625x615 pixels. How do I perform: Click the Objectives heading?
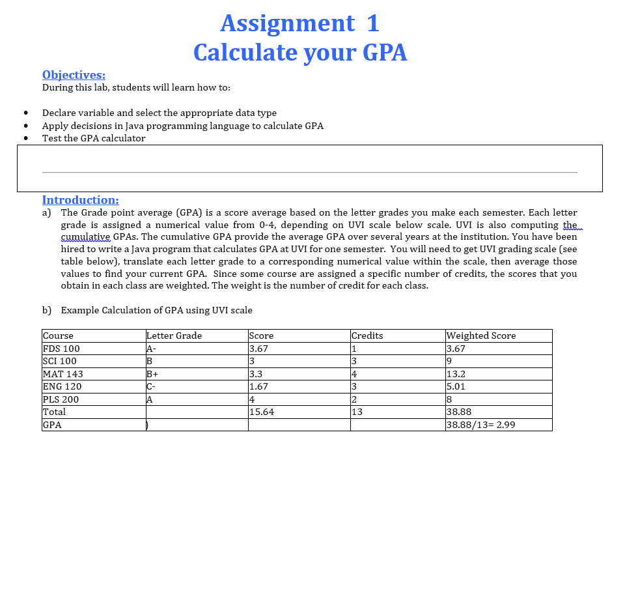click(74, 75)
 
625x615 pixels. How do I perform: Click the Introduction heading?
click(80, 200)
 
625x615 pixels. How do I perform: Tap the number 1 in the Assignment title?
click(372, 23)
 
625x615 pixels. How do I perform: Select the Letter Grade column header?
click(174, 336)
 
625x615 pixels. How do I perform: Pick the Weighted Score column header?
click(481, 336)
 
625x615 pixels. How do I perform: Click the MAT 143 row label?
click(62, 374)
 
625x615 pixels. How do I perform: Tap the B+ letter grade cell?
click(153, 374)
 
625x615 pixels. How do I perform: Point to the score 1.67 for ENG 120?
click(258, 386)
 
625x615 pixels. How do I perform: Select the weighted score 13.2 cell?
click(456, 374)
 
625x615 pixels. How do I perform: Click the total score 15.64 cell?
click(262, 412)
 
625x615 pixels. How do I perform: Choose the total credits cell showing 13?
click(357, 412)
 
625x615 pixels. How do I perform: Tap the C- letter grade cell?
click(152, 386)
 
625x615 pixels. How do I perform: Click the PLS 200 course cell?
click(61, 399)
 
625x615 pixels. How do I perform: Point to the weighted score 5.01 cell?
click(456, 386)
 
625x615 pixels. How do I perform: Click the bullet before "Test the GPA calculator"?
click(25, 138)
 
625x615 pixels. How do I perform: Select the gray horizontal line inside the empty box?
click(309, 172)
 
